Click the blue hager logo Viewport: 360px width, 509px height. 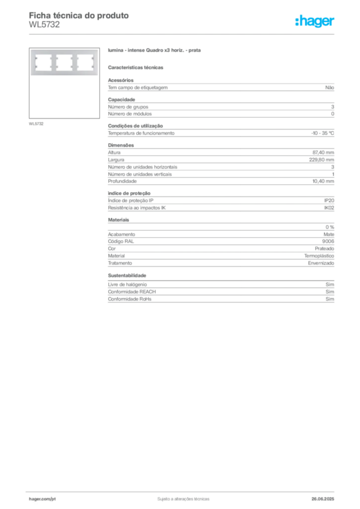(315, 22)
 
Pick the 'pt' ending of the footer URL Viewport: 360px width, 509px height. (51, 498)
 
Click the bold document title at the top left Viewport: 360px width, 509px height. (80, 15)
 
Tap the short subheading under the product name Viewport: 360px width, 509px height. (137, 67)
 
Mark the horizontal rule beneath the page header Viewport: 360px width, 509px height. (183, 34)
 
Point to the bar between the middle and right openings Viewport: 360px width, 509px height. (74, 62)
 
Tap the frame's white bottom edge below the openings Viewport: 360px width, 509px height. (64, 75)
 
